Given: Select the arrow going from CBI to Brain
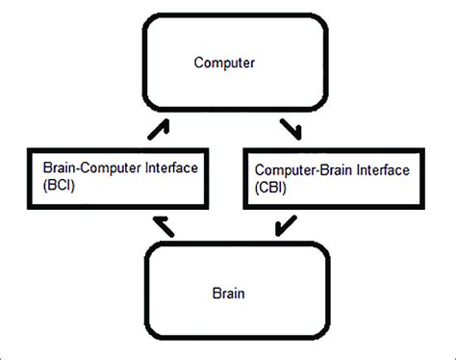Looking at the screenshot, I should pyautogui.click(x=284, y=227).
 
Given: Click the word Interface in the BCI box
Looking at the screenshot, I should pyautogui.click(x=170, y=167).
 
